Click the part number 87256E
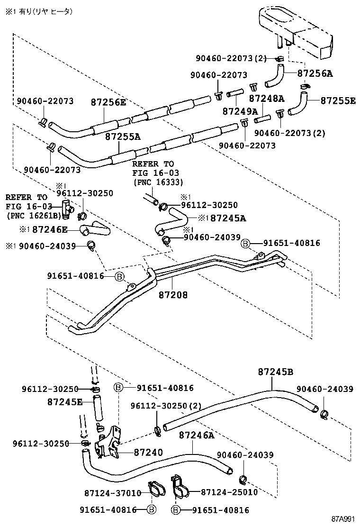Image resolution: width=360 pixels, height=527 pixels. tap(108, 102)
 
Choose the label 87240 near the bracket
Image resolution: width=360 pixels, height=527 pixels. tap(148, 452)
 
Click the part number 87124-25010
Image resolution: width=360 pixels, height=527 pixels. tap(229, 492)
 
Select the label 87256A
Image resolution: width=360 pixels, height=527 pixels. tap(315, 73)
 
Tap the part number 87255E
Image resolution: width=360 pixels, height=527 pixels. tap(338, 100)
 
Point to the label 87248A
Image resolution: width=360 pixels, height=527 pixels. tap(267, 99)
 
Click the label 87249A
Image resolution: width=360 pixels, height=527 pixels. tap(240, 111)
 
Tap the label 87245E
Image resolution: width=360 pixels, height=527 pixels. tap(65, 402)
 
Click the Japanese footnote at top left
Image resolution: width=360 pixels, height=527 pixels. tap(39, 11)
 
